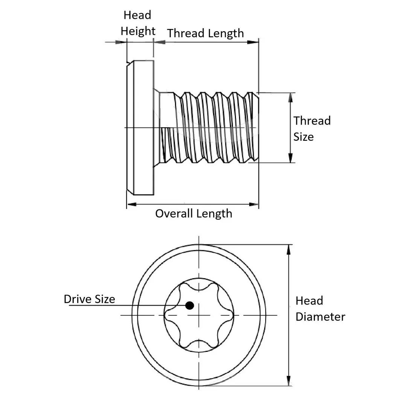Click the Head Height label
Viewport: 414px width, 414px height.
pos(138,23)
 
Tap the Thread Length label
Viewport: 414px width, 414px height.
pos(205,33)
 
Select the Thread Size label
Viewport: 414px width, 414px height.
pos(312,128)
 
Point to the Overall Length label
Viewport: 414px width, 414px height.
pos(193,213)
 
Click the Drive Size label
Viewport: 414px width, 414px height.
pos(89,299)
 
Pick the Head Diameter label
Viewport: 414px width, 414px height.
pos(320,308)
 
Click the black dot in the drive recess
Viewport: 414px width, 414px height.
pos(190,306)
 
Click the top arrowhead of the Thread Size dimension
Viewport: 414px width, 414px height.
pos(290,97)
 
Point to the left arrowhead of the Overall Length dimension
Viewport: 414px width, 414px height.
pos(131,204)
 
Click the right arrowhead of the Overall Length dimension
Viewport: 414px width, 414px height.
pos(254,204)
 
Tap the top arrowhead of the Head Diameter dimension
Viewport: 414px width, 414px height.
pos(289,250)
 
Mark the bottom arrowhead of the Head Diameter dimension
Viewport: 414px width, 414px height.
pos(289,381)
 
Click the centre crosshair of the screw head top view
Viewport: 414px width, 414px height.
pos(199,315)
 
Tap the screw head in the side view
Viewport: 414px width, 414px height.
pos(140,128)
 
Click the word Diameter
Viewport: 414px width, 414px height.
pos(320,317)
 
